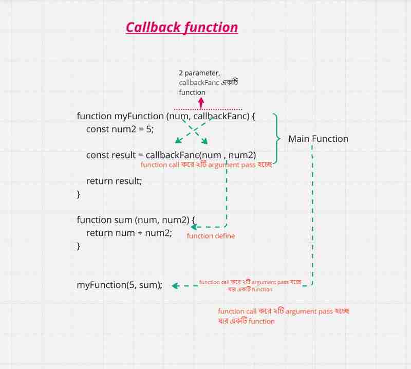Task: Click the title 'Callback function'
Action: click(x=182, y=27)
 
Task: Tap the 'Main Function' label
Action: click(x=318, y=139)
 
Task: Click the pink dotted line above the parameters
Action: click(x=208, y=109)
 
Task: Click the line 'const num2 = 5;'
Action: click(x=120, y=129)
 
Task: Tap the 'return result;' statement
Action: click(x=114, y=181)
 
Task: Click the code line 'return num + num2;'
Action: click(x=129, y=233)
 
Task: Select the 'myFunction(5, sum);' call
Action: click(x=120, y=285)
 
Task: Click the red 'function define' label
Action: click(x=211, y=236)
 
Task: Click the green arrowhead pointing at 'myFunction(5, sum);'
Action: click(x=175, y=286)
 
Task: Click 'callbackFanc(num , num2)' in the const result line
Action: click(x=200, y=155)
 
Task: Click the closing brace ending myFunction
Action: click(x=79, y=194)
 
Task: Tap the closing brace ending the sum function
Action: click(x=79, y=246)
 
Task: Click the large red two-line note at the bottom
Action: click(x=284, y=316)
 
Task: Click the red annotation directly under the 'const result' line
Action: click(x=206, y=165)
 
